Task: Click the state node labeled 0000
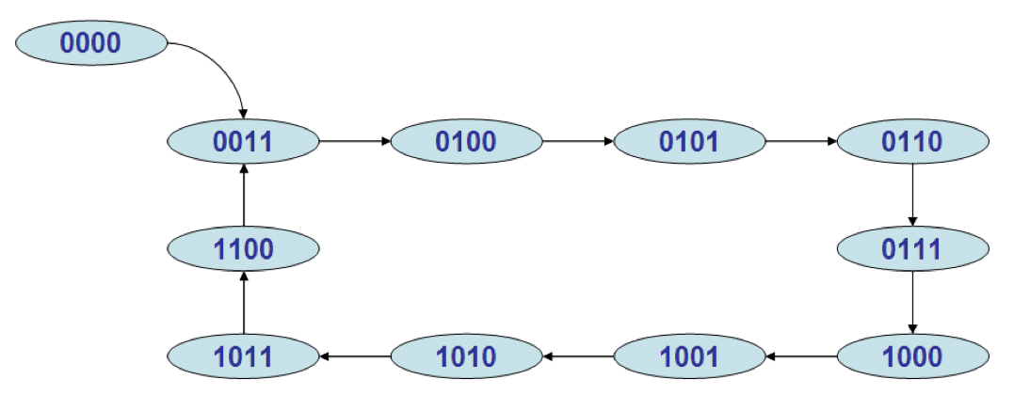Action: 91,42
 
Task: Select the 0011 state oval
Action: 243,142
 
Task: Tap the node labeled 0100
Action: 466,142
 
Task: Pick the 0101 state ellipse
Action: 689,142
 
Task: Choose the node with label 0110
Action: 912,142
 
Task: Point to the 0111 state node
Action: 912,249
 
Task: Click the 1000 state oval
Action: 912,356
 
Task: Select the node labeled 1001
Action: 689,356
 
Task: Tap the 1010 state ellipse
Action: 466,356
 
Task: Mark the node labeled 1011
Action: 243,356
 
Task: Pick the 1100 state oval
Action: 243,249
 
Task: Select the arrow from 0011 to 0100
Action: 355,142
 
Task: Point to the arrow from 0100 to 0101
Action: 578,142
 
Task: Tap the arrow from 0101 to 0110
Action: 801,142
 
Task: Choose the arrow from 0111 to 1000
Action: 912,303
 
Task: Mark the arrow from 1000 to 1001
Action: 801,356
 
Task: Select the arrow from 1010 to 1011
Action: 355,356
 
